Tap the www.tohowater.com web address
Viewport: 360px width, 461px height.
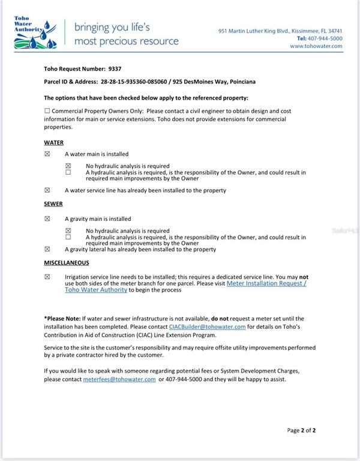click(316, 46)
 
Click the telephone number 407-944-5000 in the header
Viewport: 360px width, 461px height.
click(326, 38)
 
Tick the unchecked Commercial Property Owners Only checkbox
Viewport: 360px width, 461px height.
click(47, 111)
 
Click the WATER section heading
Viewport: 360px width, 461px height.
click(53, 143)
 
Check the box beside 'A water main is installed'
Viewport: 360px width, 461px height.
click(47, 154)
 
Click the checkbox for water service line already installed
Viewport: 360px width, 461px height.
click(47, 190)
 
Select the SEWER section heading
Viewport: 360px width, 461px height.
click(53, 204)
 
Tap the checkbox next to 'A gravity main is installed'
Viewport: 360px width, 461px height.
click(47, 219)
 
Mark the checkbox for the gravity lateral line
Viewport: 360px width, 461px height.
click(47, 249)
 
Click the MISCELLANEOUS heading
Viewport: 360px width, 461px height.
click(66, 263)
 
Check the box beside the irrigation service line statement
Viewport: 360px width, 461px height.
click(47, 277)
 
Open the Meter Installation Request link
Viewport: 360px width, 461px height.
click(266, 283)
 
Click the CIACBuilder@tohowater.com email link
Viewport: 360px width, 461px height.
click(207, 327)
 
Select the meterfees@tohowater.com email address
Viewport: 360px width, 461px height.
click(119, 379)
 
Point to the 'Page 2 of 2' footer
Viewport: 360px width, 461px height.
click(301, 430)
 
